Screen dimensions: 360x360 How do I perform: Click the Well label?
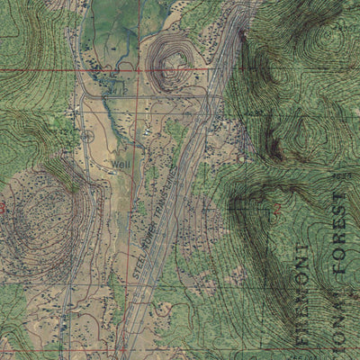(121, 165)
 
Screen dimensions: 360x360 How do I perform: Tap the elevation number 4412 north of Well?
(113, 91)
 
